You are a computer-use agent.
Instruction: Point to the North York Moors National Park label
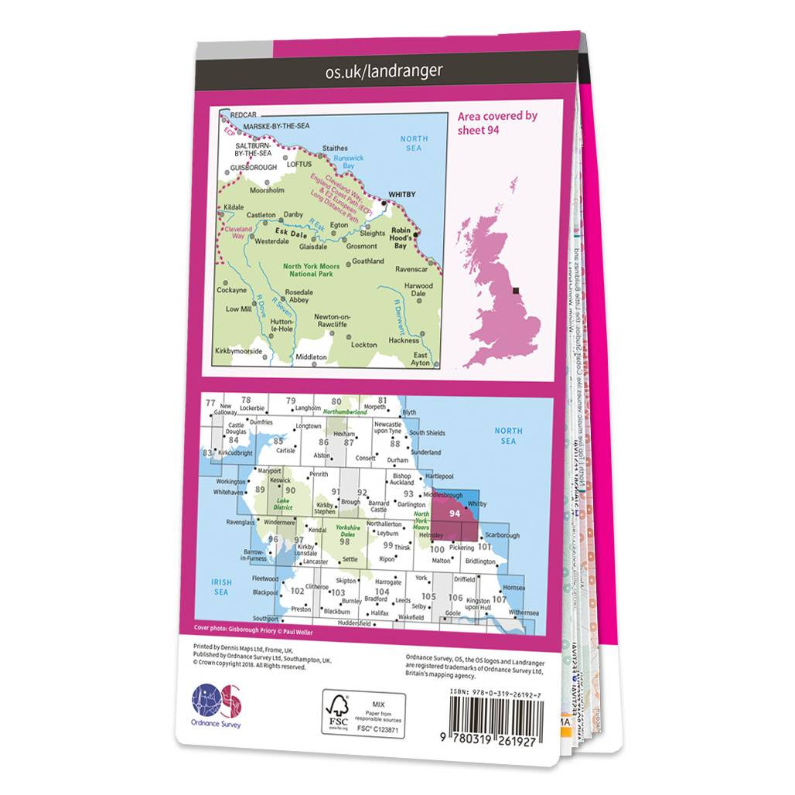[x=311, y=271]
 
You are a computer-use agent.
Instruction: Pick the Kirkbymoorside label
[x=241, y=352]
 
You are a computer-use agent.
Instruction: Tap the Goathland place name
[x=367, y=261]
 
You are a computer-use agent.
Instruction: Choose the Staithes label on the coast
[x=335, y=148]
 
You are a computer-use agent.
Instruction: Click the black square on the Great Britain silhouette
[x=516, y=290]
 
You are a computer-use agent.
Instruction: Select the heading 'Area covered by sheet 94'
[x=497, y=122]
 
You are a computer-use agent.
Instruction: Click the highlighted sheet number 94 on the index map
[x=455, y=513]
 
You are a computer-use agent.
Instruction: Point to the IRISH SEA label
[x=223, y=587]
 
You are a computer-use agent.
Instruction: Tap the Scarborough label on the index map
[x=503, y=535]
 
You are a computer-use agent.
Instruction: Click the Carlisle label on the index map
[x=286, y=450]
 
